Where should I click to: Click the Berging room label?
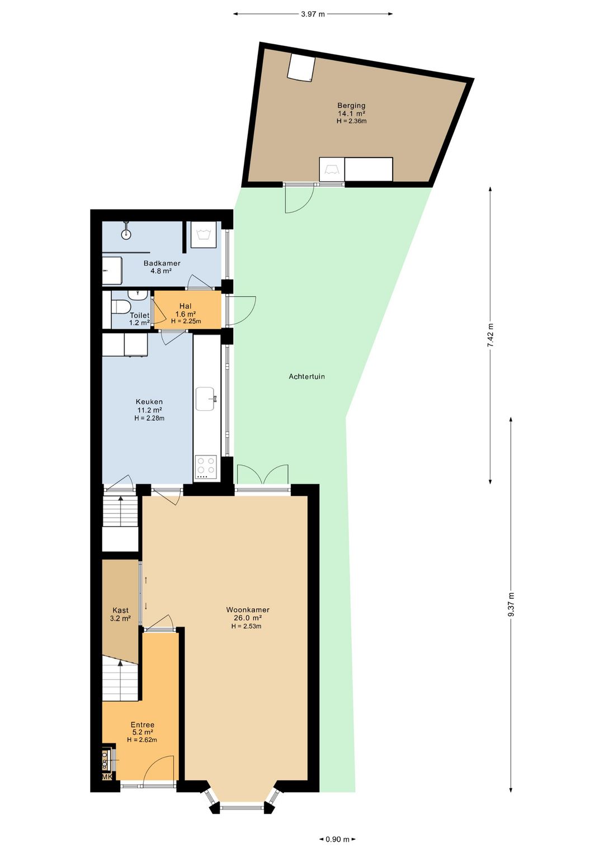(x=351, y=106)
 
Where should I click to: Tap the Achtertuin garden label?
(x=307, y=377)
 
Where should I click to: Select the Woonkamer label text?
(x=248, y=610)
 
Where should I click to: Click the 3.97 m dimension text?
(x=313, y=14)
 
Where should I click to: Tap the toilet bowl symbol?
(x=121, y=306)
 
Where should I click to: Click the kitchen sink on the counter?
(x=206, y=399)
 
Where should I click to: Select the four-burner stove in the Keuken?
(x=206, y=467)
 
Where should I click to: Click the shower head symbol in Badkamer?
(x=126, y=231)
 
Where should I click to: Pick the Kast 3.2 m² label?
(x=120, y=614)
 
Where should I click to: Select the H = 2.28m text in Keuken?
(x=149, y=418)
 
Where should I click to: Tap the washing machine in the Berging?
(x=332, y=169)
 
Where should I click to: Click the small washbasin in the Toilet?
(x=136, y=295)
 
